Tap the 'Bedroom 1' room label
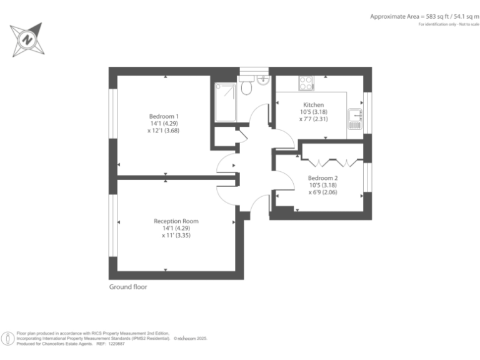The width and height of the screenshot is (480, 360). click(164, 116)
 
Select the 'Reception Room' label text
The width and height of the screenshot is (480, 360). click(176, 221)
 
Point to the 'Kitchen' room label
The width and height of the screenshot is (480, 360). click(314, 104)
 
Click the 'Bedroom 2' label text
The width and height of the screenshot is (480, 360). click(324, 178)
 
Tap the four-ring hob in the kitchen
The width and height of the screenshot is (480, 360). click(306, 82)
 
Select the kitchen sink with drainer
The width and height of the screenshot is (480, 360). click(356, 118)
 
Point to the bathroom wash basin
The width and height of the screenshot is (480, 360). click(262, 79)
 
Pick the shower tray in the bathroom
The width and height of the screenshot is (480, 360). click(226, 102)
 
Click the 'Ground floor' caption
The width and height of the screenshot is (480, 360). click(128, 287)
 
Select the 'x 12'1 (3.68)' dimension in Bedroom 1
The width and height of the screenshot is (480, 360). click(164, 131)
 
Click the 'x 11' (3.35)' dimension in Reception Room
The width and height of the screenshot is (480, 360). click(176, 236)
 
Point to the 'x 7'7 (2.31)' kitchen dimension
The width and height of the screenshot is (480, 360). click(314, 119)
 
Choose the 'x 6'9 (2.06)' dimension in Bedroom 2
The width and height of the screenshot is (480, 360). click(324, 192)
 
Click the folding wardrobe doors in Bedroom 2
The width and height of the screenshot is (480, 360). click(331, 162)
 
